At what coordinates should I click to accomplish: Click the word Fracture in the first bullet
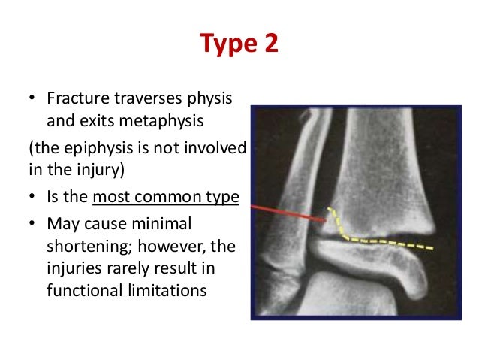[x=74, y=99]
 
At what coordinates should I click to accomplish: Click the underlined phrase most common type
[x=178, y=197]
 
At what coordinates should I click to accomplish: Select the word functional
[x=81, y=290]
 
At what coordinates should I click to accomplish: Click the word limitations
[x=169, y=290]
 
